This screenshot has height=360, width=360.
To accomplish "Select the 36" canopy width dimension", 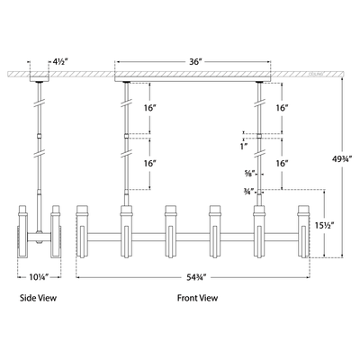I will point(195,63).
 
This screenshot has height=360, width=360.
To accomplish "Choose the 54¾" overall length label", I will point(195,277).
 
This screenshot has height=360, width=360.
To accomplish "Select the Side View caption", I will point(40,307).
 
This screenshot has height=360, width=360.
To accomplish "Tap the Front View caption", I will point(195,307).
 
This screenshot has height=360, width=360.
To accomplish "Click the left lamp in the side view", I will point(24,234).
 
